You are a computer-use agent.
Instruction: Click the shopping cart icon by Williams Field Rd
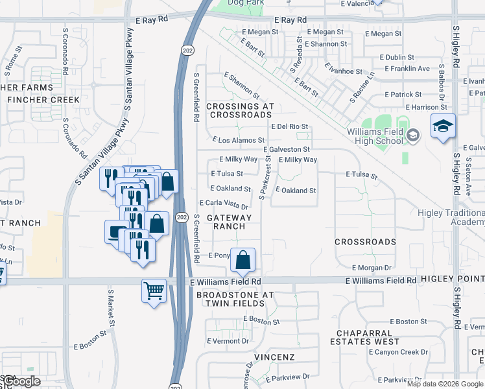[x=154, y=290]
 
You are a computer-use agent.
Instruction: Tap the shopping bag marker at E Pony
[x=242, y=261]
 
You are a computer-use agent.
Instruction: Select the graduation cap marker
[x=444, y=126]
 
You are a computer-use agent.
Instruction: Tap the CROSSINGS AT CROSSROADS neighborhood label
[x=241, y=110]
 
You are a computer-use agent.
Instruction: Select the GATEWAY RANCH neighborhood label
[x=230, y=222]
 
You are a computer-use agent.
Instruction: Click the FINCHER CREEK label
[x=43, y=100]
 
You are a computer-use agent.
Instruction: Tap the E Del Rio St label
[x=289, y=126]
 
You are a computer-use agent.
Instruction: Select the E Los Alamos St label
[x=239, y=140]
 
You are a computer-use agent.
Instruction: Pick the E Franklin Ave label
[x=407, y=68]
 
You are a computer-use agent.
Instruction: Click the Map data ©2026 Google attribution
[x=445, y=384]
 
